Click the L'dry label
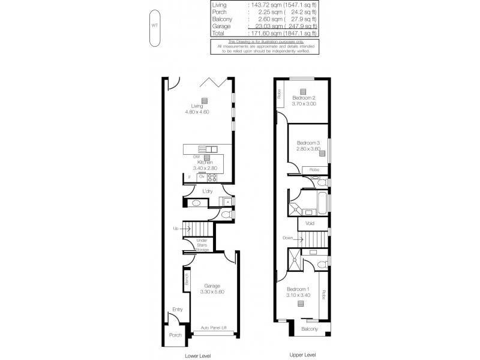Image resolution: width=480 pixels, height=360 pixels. [208, 191]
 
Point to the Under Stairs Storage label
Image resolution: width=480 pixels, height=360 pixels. [202, 245]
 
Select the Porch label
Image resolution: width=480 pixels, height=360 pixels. [175, 335]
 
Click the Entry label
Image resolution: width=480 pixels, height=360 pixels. [177, 310]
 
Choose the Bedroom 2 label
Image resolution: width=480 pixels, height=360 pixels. [304, 98]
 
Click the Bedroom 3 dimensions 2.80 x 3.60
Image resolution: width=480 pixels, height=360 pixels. [309, 149]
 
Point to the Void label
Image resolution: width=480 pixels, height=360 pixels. [310, 223]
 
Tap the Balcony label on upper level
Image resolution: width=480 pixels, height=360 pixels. [309, 329]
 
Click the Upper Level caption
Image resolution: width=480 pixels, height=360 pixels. [302, 355]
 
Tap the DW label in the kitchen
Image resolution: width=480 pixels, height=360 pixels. [196, 157]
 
